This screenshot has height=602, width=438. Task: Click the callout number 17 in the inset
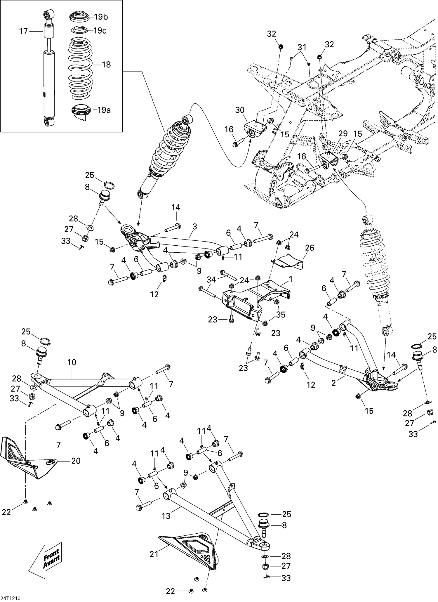point(23,31)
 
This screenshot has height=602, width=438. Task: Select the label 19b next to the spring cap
point(101,17)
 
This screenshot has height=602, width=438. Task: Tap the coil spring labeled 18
point(80,67)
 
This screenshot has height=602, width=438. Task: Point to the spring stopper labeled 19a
point(79,111)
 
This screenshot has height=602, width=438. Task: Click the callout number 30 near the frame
point(240,110)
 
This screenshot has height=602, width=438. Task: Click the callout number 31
point(302,47)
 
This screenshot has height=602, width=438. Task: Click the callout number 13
point(166,516)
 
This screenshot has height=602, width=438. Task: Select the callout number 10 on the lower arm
point(72,362)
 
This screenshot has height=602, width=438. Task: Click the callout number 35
point(281,315)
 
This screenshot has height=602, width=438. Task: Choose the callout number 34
point(211,280)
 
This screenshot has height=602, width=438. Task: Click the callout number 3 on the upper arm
point(195,226)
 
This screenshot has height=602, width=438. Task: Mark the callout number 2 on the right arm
point(334,383)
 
